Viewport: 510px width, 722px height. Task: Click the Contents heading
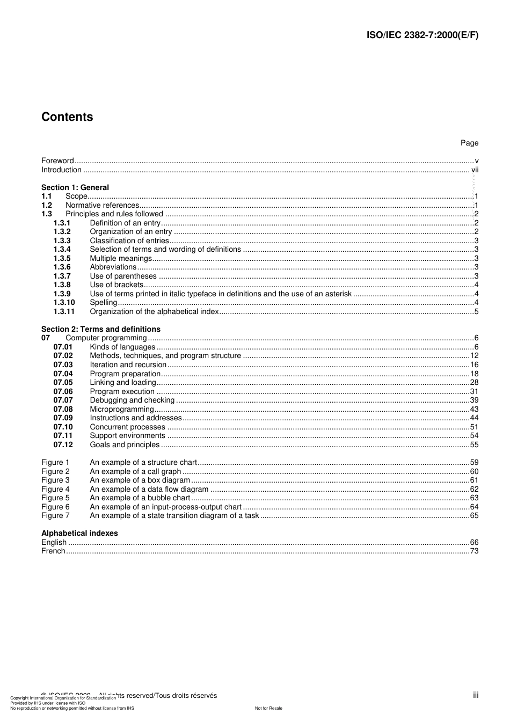67,117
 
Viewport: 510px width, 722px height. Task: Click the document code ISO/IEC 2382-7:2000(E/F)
422,35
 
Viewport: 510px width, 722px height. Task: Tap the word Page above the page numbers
469,143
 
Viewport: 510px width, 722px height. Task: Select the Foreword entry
57,161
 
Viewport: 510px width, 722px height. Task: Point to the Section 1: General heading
75,187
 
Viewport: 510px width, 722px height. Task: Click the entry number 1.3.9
62,294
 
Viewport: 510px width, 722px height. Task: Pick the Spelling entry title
103,303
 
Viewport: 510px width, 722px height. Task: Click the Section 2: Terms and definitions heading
101,329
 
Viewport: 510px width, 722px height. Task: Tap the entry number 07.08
63,409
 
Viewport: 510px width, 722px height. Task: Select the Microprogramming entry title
122,409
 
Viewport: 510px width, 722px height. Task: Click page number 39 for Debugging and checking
474,400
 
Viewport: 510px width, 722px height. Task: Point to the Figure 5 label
55,498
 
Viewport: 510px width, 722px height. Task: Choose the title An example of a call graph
135,471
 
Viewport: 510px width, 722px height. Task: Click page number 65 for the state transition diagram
474,515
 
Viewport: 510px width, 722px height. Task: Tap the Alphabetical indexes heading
79,533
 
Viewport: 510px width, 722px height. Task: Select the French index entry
53,551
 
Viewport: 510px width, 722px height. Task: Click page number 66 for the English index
474,542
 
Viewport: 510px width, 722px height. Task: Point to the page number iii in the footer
476,695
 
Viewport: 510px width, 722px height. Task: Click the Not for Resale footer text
268,708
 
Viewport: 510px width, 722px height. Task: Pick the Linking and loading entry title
123,383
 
